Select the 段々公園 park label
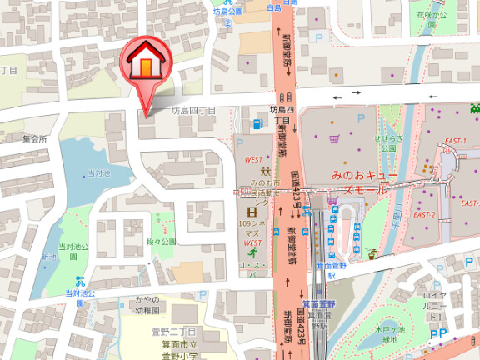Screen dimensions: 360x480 tap(162, 242)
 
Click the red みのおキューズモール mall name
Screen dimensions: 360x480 tap(359, 182)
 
